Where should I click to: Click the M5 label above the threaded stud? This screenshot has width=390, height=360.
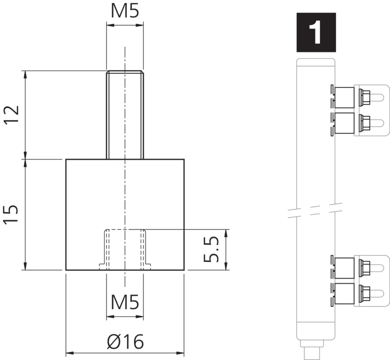pos(125,11)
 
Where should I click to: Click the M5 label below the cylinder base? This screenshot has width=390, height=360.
pos(125,302)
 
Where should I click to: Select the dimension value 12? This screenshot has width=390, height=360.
pos(12,115)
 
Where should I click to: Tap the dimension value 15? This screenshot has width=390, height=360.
pos(12,214)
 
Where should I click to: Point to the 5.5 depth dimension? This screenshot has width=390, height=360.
pos(211,250)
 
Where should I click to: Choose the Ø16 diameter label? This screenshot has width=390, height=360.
pos(125,341)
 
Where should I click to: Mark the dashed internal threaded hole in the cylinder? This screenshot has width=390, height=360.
pos(125,250)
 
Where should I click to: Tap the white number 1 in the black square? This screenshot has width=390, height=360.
pos(316,32)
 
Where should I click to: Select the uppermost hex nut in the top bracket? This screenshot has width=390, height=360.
pos(365,98)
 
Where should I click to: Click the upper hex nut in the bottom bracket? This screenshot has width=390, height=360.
pos(365,269)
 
